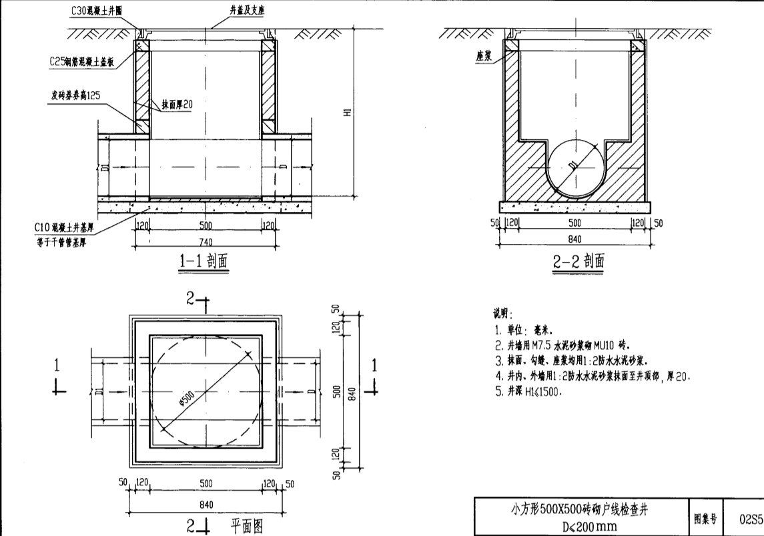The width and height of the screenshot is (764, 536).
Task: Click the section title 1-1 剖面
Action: coord(203,261)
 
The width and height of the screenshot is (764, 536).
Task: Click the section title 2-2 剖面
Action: coord(579,261)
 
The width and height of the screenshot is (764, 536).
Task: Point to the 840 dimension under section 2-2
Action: coord(574,239)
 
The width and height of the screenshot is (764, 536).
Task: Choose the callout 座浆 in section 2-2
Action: coord(484,57)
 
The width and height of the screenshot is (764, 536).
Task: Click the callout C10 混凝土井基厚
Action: coord(63,227)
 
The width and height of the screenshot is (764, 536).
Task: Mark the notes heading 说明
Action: coord(501,313)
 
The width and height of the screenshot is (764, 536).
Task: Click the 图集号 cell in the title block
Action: coord(706,517)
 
